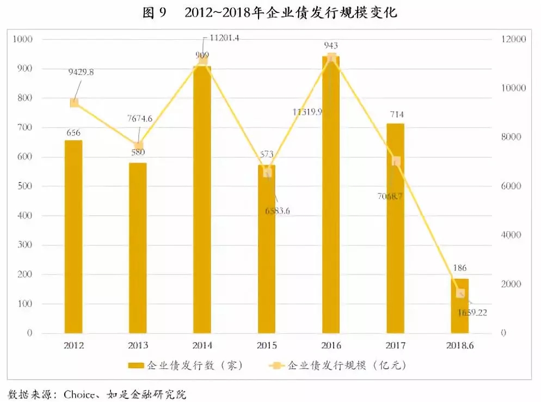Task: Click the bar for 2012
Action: tap(73, 236)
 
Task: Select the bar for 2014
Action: tap(202, 199)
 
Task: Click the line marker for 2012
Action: tap(74, 103)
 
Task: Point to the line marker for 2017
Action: tap(396, 161)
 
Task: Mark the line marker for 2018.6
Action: tap(460, 294)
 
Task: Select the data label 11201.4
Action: tap(225, 38)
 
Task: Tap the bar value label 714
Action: tap(396, 114)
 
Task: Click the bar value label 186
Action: tap(460, 268)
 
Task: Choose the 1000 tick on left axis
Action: tap(23, 39)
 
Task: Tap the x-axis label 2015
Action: tap(267, 346)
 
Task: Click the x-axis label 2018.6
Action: tap(460, 346)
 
